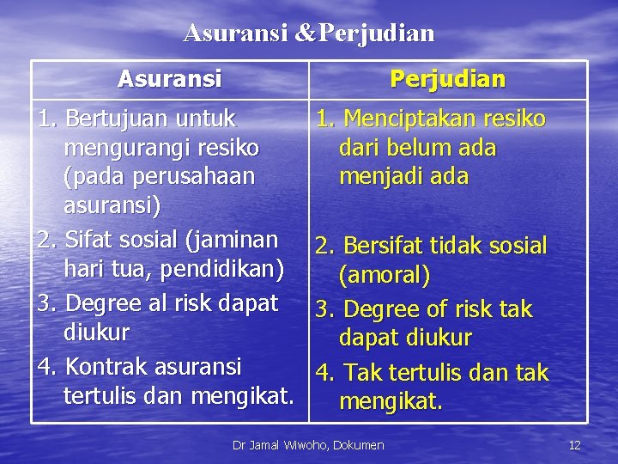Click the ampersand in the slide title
click(306, 34)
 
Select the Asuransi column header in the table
click(169, 79)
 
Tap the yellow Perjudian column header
click(447, 79)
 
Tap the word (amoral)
click(385, 276)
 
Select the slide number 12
click(575, 444)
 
